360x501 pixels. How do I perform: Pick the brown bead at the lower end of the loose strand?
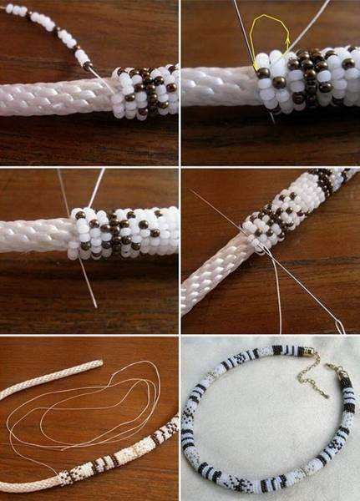click(88, 64)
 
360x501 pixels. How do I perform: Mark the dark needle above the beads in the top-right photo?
click(244, 33)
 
